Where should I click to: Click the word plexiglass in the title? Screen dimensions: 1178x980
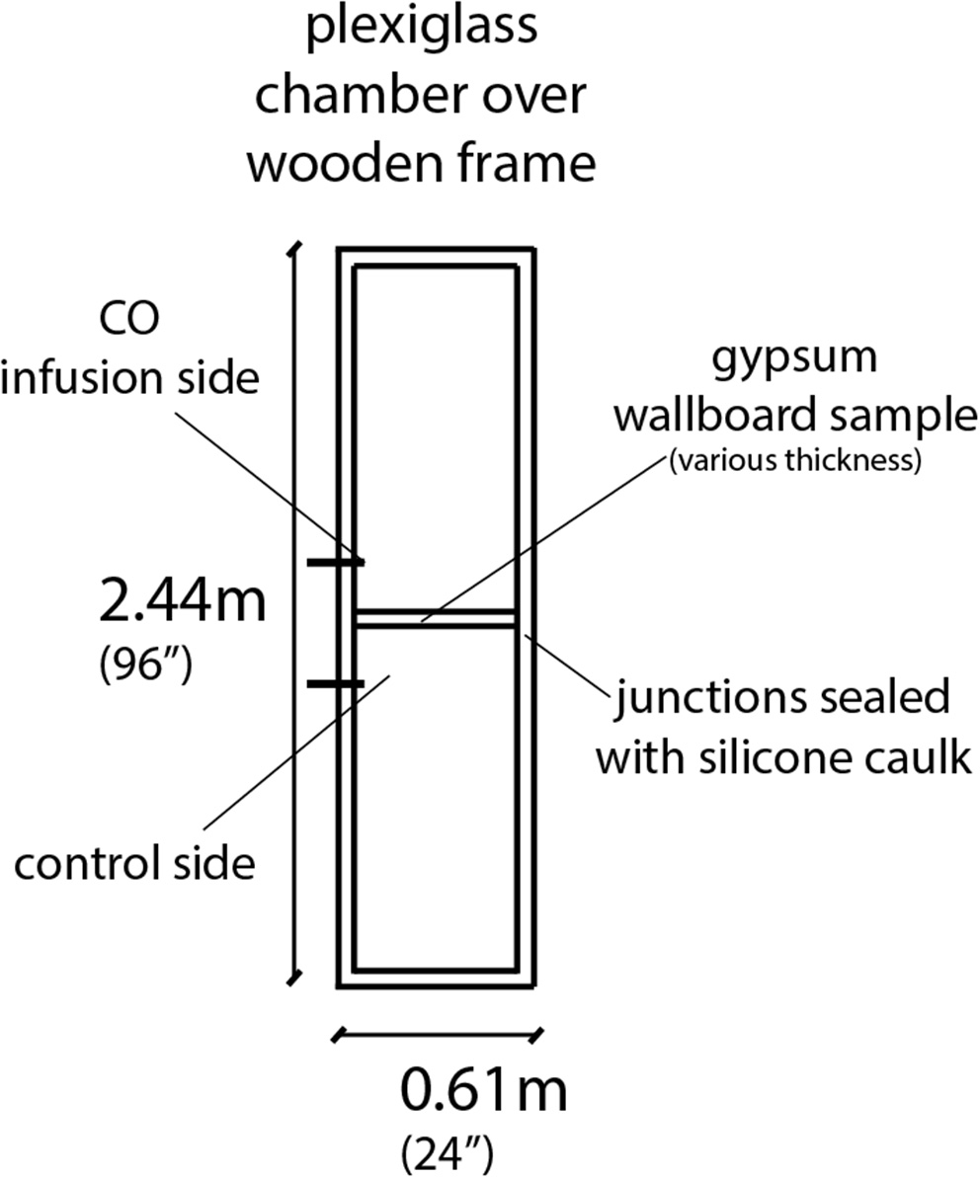[422, 28]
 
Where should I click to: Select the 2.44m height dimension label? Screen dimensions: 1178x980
[183, 602]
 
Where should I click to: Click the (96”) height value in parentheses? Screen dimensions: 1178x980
[145, 665]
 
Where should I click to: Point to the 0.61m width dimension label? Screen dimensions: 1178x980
[484, 1092]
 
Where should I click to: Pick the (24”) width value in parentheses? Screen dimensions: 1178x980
[448, 1150]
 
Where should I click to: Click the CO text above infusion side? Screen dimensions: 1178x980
[130, 321]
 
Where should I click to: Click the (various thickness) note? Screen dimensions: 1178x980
[795, 460]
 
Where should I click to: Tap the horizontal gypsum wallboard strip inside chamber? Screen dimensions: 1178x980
[436, 619]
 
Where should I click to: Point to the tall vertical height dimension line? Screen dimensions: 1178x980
[293, 612]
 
